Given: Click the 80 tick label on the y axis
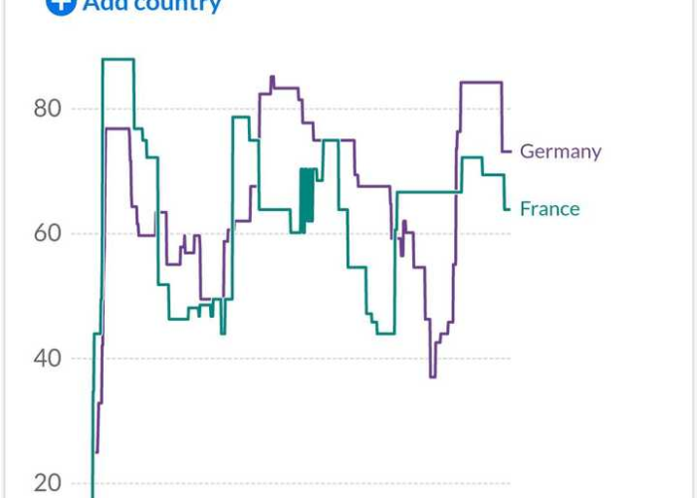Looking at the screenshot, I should tap(47, 108).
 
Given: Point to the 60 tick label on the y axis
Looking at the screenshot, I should tap(47, 233).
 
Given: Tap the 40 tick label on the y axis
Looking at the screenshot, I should tap(47, 358).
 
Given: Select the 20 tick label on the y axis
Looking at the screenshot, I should tap(47, 483).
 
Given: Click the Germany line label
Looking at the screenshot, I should tap(561, 151).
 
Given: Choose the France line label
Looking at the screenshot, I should tap(550, 208).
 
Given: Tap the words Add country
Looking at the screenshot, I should tap(151, 5).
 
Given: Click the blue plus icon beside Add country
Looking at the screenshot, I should tap(62, 4).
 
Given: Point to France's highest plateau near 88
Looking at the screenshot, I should tap(117, 60).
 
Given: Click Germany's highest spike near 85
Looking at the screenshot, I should tap(272, 78).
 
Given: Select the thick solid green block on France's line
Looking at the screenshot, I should tap(307, 195).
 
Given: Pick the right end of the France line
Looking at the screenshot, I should tap(509, 208).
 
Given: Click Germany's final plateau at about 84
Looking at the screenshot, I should tap(480, 83).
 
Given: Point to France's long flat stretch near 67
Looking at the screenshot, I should tap(428, 191).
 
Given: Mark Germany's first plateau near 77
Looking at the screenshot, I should tap(116, 128).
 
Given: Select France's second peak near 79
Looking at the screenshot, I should tap(241, 118).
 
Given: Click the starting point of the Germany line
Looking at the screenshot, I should tap(97, 451).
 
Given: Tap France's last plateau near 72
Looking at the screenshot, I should tap(472, 158).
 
